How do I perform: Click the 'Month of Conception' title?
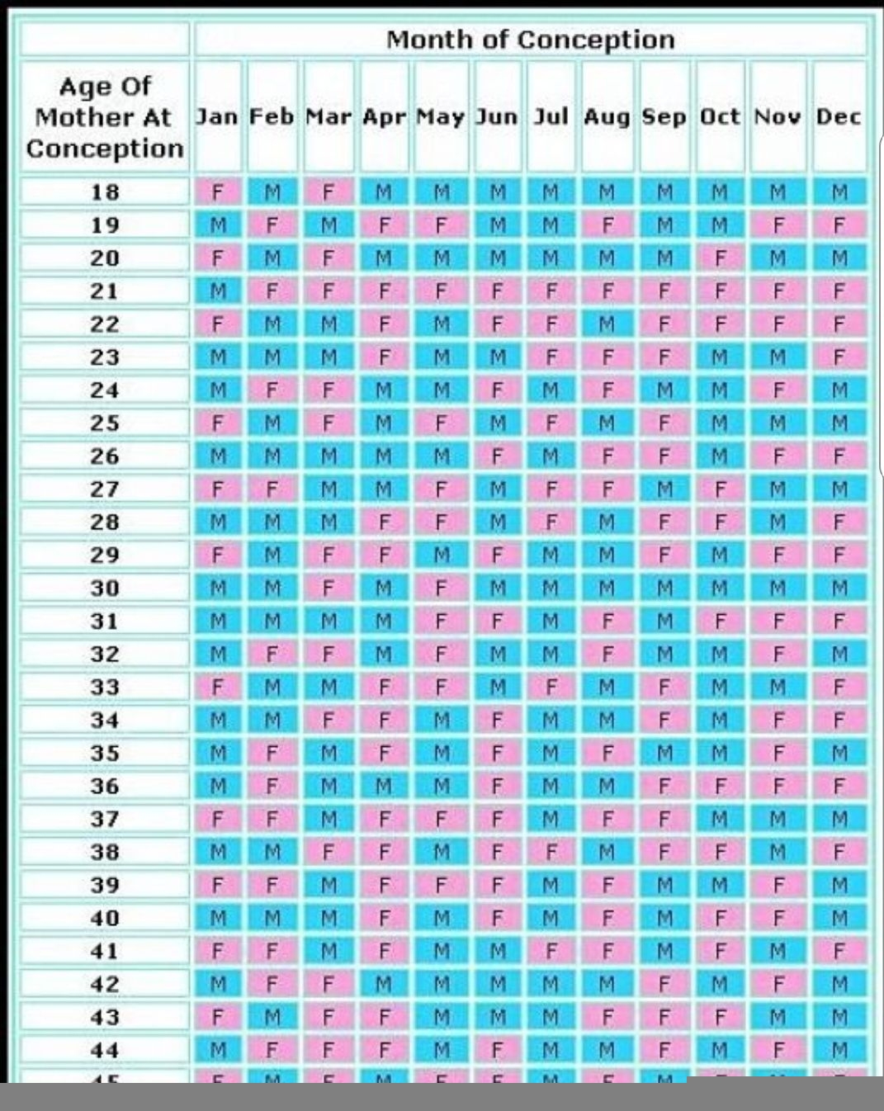coord(530,40)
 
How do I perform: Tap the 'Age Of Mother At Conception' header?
coord(105,117)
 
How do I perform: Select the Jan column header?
coord(217,117)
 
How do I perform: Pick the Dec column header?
coord(839,117)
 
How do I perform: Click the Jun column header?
coord(497,117)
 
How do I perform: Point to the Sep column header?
coord(664,117)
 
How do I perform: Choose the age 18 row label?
coord(105,192)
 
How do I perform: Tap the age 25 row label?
coord(105,423)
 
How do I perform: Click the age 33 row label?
coord(105,688)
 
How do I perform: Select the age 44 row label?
coord(105,1051)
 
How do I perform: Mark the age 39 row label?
coord(105,886)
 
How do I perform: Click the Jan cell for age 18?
coord(218,192)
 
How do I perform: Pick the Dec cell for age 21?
coord(839,291)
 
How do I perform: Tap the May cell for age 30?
coord(441,589)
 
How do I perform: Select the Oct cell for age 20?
coord(720,258)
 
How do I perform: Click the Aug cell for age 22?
coord(607,324)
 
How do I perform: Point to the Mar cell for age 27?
coord(329,489)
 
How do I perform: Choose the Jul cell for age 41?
coord(551,952)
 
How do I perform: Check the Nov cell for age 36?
coord(778,787)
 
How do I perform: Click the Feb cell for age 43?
coord(272,1018)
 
